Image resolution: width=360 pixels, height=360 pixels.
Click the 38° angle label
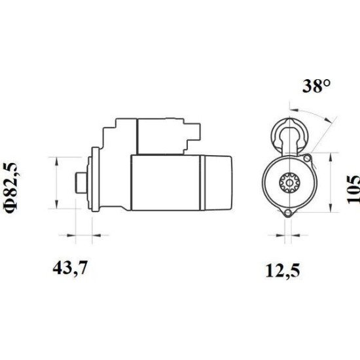pyautogui.click(x=317, y=86)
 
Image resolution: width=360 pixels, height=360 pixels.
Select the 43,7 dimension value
pyautogui.click(x=70, y=268)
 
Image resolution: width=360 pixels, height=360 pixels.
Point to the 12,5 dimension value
pyautogui.click(x=283, y=271)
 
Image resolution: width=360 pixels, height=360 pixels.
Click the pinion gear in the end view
pyautogui.click(x=290, y=183)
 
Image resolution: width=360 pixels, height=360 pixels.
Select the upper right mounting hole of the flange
pyautogui.click(x=307, y=158)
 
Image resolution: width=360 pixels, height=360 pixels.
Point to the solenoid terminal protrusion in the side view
pyautogui.click(x=192, y=135)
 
